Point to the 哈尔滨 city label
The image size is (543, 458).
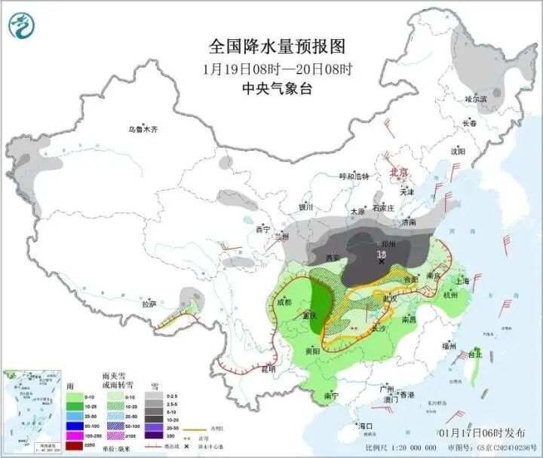tap(476, 99)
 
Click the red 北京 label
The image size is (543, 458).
tap(398, 173)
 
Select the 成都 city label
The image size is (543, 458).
tap(284, 302)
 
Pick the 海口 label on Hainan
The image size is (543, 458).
tap(366, 426)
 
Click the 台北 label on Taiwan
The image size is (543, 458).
tap(475, 353)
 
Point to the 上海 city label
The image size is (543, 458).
tap(462, 281)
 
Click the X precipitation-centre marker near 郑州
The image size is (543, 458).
tap(382, 261)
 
